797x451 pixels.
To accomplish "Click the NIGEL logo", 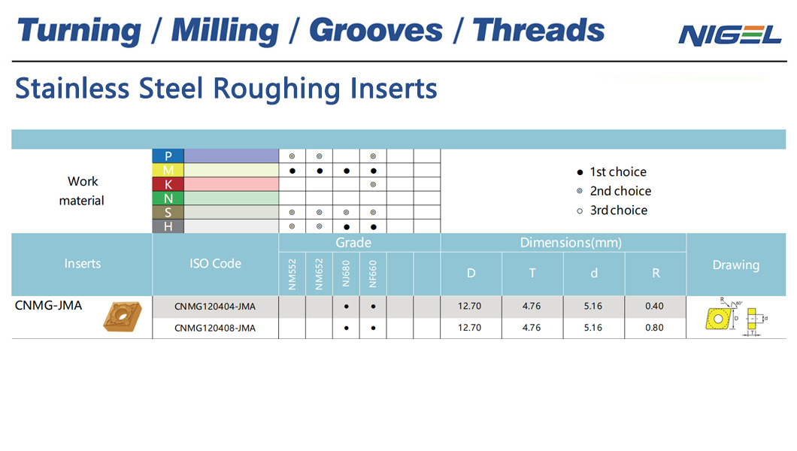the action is pos(730,35).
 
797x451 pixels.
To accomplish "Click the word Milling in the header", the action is pos(225,31).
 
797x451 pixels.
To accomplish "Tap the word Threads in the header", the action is pos(538,30).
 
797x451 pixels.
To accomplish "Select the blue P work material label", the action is pos(168,156).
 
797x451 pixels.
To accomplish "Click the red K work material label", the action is pos(168,184).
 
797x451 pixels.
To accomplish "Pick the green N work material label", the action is pos(168,198).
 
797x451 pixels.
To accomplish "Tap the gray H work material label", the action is pos(168,226).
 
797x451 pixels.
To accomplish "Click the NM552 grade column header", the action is pos(292,274).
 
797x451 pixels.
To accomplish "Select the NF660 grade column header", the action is pos(373,274).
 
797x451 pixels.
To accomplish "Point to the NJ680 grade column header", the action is pos(346,274).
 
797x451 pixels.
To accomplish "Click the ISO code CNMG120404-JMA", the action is pos(215,306).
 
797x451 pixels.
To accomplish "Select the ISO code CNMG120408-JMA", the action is pos(215,328).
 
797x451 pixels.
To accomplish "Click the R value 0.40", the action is pos(655,306).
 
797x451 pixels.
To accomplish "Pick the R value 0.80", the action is pos(655,328).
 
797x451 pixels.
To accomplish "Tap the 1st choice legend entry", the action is pos(612,172).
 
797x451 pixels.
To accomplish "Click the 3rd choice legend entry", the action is pos(613,210).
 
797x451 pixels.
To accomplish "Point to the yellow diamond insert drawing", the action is pos(718,319).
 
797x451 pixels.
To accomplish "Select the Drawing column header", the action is pos(736,265).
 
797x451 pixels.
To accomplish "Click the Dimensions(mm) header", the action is pos(571,243).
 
